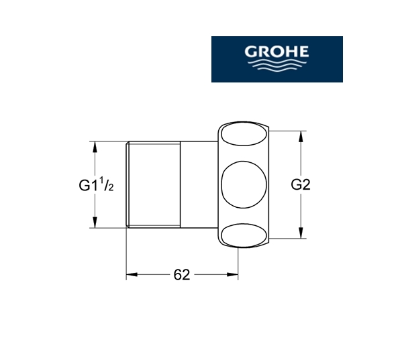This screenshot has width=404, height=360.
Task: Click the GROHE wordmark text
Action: click(276, 52)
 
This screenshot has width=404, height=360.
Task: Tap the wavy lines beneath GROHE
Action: click(277, 64)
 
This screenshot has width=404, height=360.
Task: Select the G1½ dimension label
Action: click(96, 184)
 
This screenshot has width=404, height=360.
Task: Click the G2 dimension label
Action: click(301, 184)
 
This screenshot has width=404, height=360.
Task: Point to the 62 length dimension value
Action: click(182, 275)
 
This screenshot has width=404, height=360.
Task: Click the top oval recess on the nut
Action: click(244, 135)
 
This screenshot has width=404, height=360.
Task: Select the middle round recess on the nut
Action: click(244, 184)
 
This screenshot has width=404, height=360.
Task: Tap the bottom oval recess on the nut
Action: click(244, 235)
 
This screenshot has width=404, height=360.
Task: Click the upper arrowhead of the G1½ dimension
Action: click(95, 147)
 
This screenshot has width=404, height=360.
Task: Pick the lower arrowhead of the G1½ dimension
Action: click(95, 223)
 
